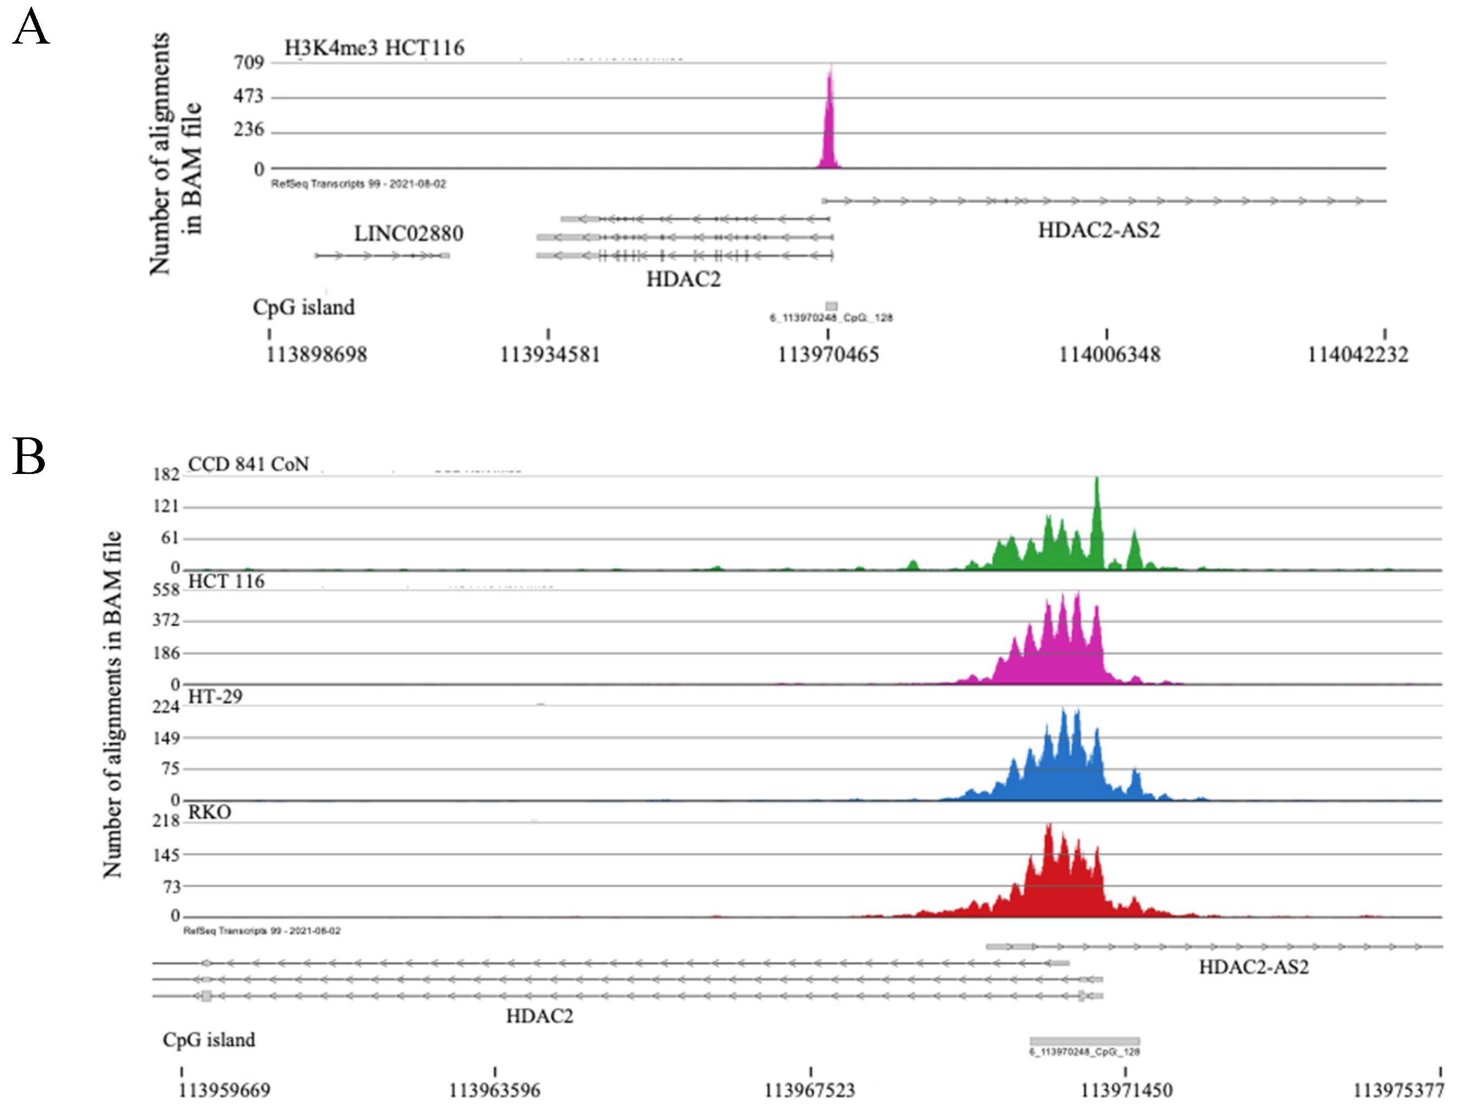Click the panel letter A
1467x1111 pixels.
click(x=31, y=28)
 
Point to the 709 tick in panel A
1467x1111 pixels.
click(x=249, y=62)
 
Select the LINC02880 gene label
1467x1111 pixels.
click(x=409, y=233)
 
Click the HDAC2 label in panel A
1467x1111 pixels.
click(x=683, y=279)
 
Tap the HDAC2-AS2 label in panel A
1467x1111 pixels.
click(x=1099, y=230)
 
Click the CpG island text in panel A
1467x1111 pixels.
click(x=304, y=307)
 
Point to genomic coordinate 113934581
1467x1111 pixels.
click(x=550, y=355)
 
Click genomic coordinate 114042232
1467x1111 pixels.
click(x=1357, y=355)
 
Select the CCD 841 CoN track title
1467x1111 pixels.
click(x=249, y=464)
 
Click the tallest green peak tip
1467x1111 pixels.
click(x=1097, y=479)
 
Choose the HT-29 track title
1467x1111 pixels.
click(x=216, y=696)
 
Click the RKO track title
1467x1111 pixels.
click(x=210, y=812)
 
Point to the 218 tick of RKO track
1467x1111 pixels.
click(x=166, y=821)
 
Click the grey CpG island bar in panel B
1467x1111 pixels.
click(x=1084, y=1041)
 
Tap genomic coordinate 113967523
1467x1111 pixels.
click(x=810, y=1090)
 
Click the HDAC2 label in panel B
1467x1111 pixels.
click(x=539, y=1016)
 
